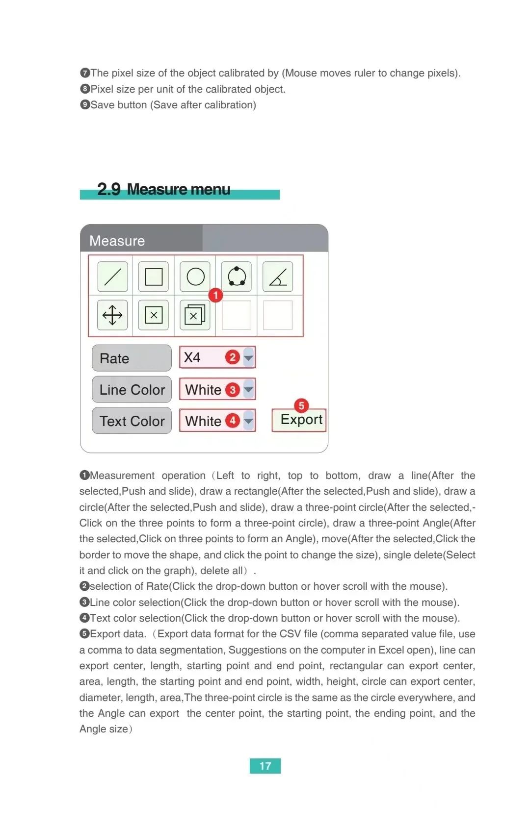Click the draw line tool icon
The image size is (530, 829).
(x=113, y=277)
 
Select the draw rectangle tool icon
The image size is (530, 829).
(x=154, y=277)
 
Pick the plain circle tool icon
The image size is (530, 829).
(x=195, y=277)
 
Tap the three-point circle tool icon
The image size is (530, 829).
(x=237, y=277)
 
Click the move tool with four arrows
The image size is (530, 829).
(x=113, y=315)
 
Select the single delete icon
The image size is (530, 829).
(x=154, y=315)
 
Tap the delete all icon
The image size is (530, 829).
(x=195, y=315)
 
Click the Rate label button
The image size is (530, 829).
(x=132, y=358)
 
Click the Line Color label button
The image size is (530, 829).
(x=132, y=390)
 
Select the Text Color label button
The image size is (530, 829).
(x=132, y=421)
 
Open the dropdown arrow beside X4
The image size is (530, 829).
(x=249, y=358)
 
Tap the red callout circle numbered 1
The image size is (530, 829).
(x=215, y=295)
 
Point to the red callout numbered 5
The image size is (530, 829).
(x=301, y=405)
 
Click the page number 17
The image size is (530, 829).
(x=265, y=766)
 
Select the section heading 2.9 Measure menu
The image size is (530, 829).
(x=164, y=190)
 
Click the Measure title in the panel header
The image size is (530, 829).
(x=117, y=241)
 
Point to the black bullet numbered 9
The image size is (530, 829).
(x=85, y=105)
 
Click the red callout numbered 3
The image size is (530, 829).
(x=233, y=390)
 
